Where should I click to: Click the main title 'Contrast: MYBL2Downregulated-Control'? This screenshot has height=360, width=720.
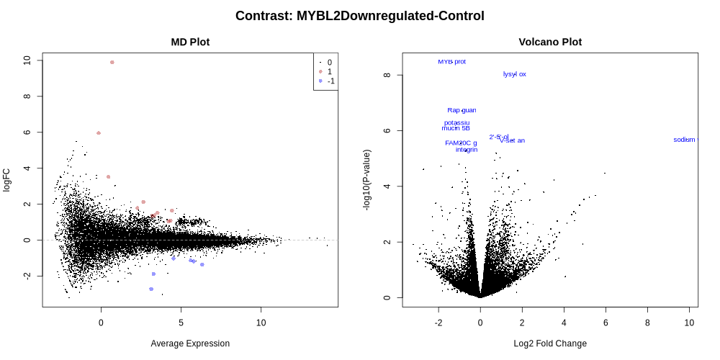coord(359,16)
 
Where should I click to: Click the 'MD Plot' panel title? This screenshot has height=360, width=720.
coord(190,42)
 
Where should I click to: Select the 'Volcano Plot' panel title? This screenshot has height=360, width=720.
coord(550,42)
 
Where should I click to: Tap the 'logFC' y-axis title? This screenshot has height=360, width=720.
coord(7,180)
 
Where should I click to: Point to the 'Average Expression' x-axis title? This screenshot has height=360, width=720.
coord(190,343)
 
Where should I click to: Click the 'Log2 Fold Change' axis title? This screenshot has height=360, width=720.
coord(550,343)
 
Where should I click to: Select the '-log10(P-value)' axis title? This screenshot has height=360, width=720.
coord(367,180)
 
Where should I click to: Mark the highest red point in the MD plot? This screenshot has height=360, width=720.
coord(112,63)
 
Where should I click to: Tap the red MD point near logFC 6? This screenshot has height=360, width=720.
coord(99,133)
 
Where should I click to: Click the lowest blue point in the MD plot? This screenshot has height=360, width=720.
coord(151,289)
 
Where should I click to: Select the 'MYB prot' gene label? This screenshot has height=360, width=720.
coord(451,62)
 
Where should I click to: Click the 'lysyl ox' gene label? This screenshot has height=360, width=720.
coord(514,74)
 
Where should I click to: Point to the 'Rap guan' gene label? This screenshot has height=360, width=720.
coord(462,110)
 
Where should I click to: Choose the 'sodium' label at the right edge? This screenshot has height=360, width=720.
coord(685,140)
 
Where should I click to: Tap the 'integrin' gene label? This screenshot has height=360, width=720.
coord(467,150)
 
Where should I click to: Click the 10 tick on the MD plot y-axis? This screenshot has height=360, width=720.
coord(27,60)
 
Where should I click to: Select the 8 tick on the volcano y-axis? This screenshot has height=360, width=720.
coord(387,75)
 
